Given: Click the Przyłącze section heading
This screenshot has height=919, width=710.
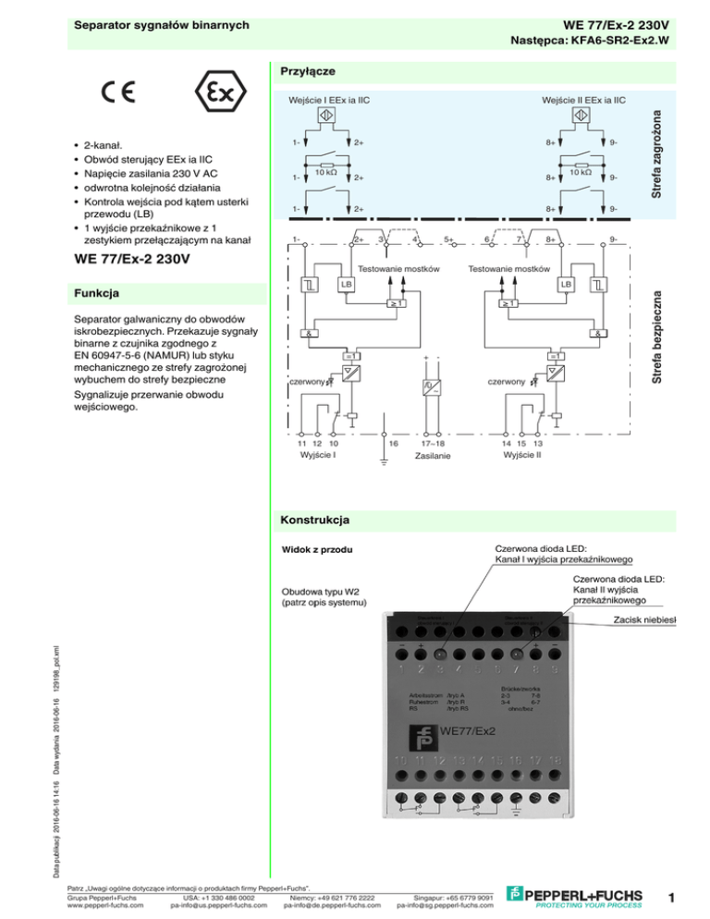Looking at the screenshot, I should coord(307,71).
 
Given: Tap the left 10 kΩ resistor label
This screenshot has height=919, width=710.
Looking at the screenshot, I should coord(325,172).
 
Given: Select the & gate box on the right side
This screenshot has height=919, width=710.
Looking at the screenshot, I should coord(598,332).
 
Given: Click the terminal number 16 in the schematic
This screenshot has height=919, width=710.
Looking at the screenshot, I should coord(393,444).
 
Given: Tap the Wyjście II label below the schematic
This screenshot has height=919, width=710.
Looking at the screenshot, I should coord(521,455).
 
